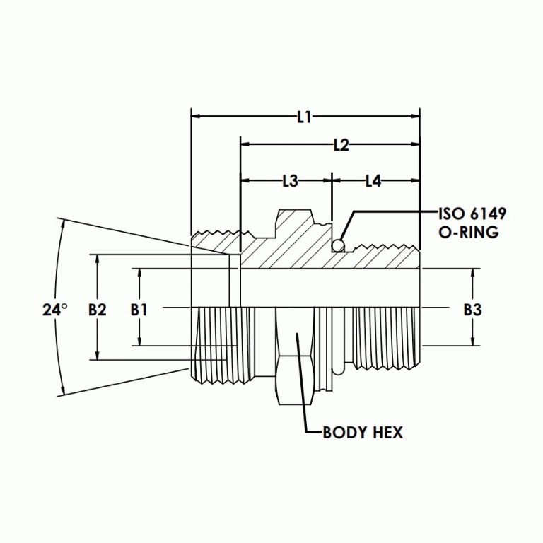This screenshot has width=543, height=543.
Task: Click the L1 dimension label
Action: pyautogui.click(x=304, y=118)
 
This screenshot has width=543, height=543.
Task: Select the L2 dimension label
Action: pyautogui.click(x=341, y=145)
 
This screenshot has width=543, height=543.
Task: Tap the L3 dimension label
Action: pyautogui.click(x=290, y=181)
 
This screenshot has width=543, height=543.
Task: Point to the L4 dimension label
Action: pyautogui.click(x=373, y=181)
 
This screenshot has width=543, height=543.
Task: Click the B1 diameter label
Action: pyautogui.click(x=139, y=309)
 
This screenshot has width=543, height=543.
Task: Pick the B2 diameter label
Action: pyautogui.click(x=98, y=309)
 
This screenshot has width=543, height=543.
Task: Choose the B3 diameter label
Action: pyautogui.click(x=472, y=309)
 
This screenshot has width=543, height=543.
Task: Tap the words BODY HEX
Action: pyautogui.click(x=362, y=433)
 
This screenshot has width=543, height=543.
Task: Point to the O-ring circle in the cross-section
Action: pyautogui.click(x=339, y=245)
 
